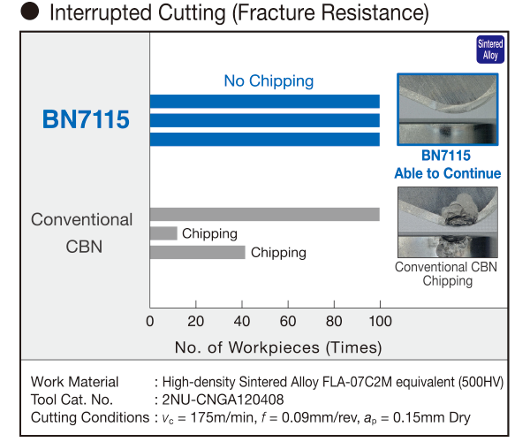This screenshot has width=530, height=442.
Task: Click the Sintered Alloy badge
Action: [490, 50]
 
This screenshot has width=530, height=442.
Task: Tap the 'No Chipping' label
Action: [269, 81]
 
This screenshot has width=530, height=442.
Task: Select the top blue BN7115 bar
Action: [265, 102]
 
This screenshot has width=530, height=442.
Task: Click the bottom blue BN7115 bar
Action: [265, 140]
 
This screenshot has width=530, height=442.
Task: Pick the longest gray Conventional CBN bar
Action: [265, 215]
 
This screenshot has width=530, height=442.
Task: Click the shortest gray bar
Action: [163, 233]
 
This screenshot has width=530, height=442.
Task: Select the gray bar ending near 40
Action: [197, 252]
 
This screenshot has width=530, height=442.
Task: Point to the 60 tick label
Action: [288, 321]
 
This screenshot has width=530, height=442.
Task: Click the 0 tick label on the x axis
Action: [150, 321]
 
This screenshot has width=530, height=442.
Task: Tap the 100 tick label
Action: [380, 321]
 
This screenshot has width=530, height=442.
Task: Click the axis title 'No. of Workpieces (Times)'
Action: [278, 347]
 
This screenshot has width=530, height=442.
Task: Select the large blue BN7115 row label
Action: [86, 119]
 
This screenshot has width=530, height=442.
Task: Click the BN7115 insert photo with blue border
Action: [448, 110]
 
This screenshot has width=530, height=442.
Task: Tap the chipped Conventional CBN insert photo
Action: [448, 222]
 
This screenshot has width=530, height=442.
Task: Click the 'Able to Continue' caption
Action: [448, 173]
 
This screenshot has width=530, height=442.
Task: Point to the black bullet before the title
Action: [30, 11]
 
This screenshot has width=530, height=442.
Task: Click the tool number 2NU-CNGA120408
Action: [223, 400]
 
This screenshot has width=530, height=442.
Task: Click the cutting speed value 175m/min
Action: [222, 417]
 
